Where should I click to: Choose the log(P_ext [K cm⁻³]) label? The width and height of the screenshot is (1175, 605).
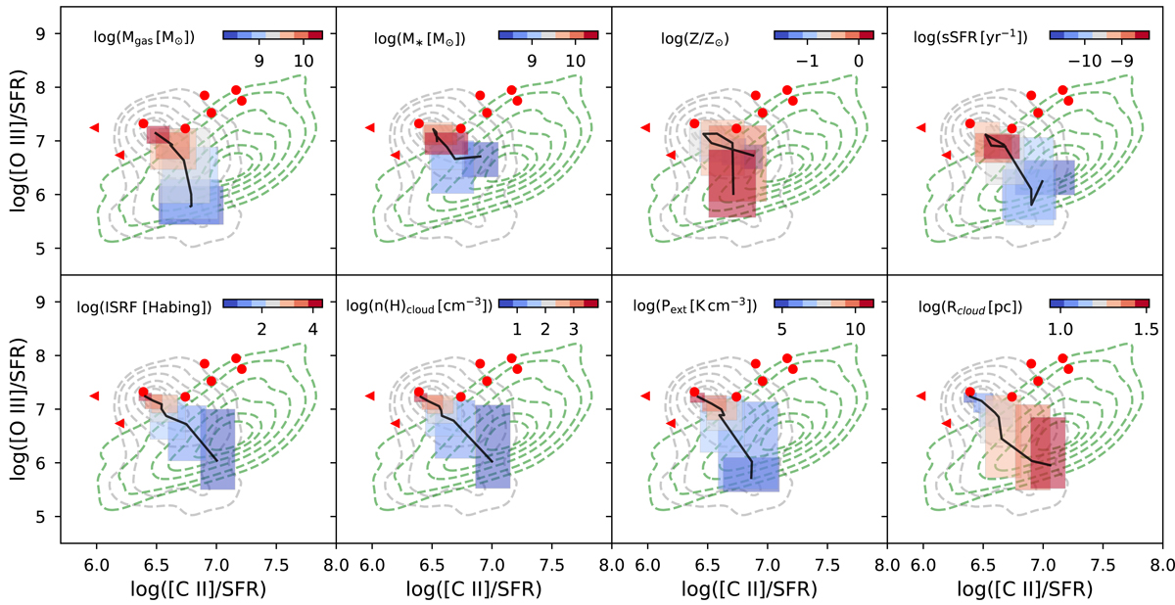click(x=698, y=305)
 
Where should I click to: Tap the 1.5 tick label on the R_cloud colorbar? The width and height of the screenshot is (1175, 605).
click(x=1139, y=329)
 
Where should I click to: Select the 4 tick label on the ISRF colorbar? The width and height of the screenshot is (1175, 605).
click(x=312, y=329)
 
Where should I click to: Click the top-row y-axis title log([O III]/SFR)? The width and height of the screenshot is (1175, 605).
click(x=18, y=140)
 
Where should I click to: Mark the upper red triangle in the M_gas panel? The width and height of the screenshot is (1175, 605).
click(x=95, y=127)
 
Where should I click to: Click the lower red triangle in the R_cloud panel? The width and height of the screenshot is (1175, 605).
click(x=947, y=423)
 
